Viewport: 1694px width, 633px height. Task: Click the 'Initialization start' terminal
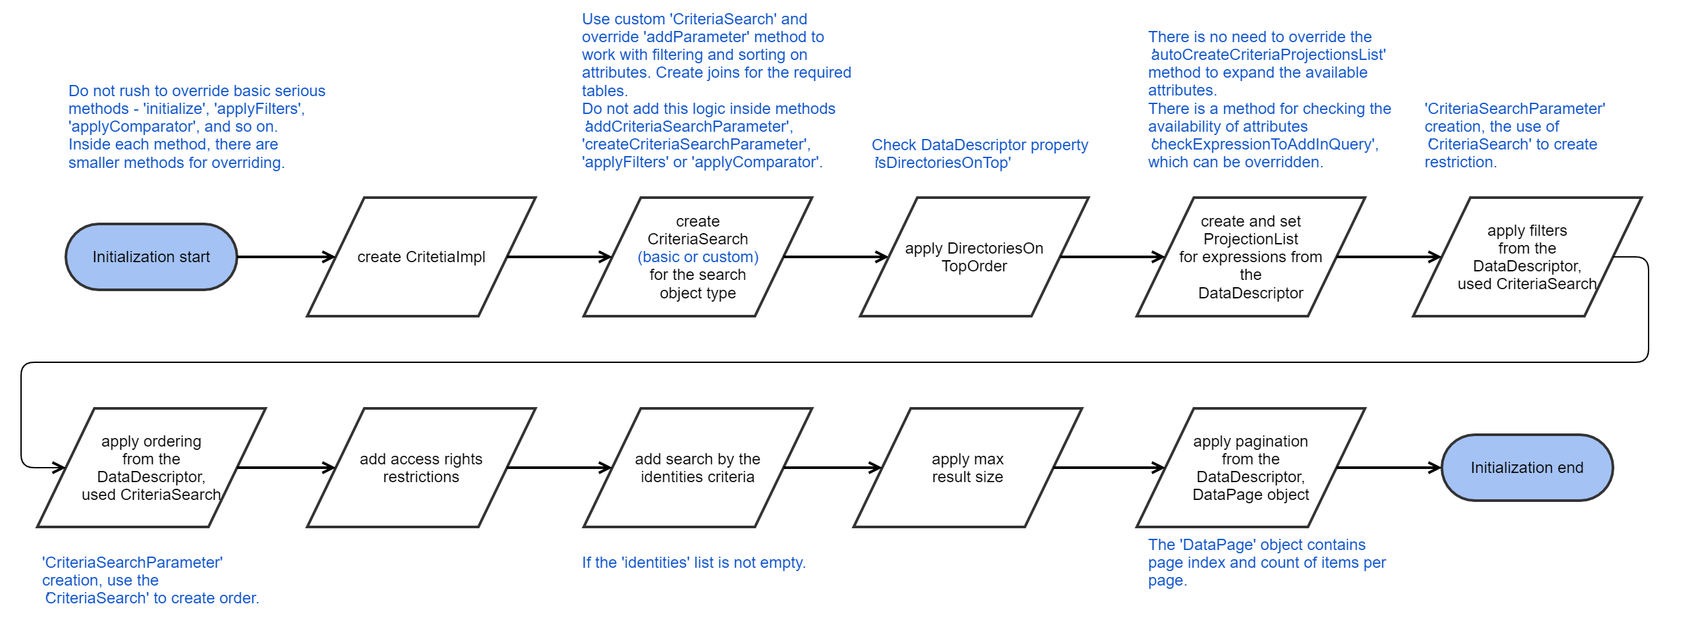pyautogui.click(x=151, y=257)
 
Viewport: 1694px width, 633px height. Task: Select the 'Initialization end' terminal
pyautogui.click(x=1527, y=468)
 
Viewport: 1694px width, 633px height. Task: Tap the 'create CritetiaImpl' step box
pyautogui.click(x=421, y=257)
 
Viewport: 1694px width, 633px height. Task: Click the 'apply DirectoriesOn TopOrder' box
pyautogui.click(x=974, y=257)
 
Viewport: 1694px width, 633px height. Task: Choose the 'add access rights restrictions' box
pyautogui.click(x=421, y=468)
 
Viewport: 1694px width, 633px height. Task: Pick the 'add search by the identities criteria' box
pyautogui.click(x=697, y=468)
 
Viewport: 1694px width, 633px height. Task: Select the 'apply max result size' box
pyautogui.click(x=967, y=468)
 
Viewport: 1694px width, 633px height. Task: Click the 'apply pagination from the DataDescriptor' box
pyautogui.click(x=1250, y=468)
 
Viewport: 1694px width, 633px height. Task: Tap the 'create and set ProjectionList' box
pyautogui.click(x=1250, y=257)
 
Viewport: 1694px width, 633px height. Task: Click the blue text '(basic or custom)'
pyautogui.click(x=698, y=257)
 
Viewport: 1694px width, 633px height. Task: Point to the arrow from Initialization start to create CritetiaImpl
pyautogui.click(x=286, y=257)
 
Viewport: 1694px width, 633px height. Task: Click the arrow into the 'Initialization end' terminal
pyautogui.click(x=1389, y=468)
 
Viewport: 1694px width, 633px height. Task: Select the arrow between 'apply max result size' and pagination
pyautogui.click(x=1109, y=468)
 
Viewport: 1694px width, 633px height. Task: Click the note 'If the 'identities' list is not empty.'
pyautogui.click(x=693, y=563)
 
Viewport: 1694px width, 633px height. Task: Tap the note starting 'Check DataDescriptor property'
pyautogui.click(x=980, y=153)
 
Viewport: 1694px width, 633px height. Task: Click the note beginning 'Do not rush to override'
pyautogui.click(x=197, y=126)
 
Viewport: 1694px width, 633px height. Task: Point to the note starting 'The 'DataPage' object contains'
pyautogui.click(x=1267, y=563)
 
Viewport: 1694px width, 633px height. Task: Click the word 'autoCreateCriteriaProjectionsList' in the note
pyautogui.click(x=1268, y=55)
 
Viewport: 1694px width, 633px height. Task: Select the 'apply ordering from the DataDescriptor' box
pyautogui.click(x=151, y=468)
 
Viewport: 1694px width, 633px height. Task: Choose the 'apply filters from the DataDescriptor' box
pyautogui.click(x=1527, y=257)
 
